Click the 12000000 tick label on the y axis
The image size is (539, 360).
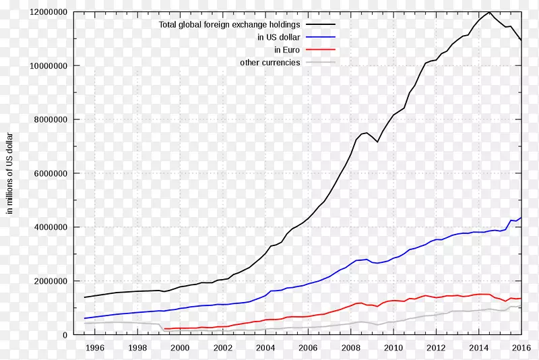48,12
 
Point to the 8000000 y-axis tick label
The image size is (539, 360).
50,119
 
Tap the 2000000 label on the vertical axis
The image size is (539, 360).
50,281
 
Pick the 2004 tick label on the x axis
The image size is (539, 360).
265,348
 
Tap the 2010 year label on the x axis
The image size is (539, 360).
393,348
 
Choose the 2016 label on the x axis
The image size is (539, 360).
521,348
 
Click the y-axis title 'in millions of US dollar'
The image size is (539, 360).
10,173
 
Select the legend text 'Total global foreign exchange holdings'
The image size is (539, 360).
229,25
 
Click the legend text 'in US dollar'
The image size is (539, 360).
278,38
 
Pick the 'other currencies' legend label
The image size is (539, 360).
270,63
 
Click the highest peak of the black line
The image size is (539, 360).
490,12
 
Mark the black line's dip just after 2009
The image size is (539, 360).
378,142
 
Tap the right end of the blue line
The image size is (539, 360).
521,217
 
